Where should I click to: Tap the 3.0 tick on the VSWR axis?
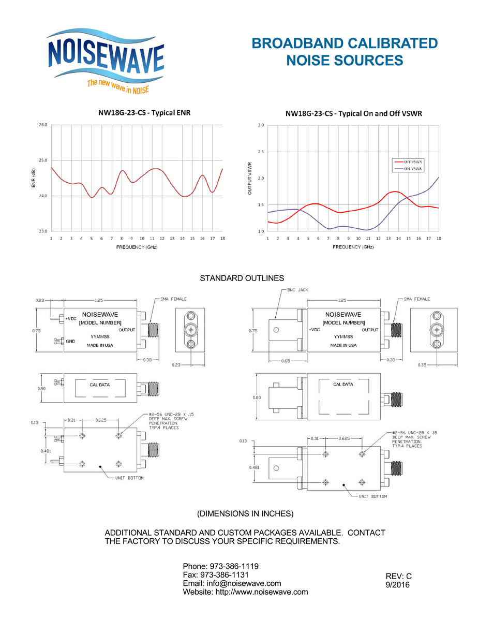pos(261,125)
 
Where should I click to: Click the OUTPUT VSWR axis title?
pos(250,179)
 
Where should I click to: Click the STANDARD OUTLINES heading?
pos(242,279)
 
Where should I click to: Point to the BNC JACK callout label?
pos(297,290)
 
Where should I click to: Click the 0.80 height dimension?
pos(249,397)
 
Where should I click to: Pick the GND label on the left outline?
pos(70,341)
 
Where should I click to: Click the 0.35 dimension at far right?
pos(423,365)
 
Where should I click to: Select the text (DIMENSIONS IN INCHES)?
pos(245,513)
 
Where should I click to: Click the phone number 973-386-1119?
pos(233,566)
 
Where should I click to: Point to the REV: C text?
pos(399,576)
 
